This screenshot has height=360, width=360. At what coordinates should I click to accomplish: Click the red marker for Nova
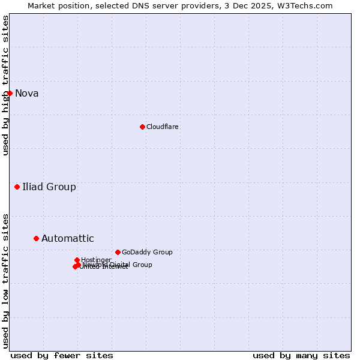[x=10, y=93]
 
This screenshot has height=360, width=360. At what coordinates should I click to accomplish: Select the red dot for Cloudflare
[x=142, y=127]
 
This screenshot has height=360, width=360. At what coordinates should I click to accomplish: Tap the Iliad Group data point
[x=17, y=187]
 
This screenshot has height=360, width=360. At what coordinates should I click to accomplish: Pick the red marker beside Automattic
[x=36, y=238]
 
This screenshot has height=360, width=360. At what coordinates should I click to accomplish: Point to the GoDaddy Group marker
[x=118, y=252]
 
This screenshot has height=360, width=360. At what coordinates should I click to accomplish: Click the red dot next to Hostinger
[x=77, y=260]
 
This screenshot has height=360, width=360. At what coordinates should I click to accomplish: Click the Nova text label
[x=27, y=93]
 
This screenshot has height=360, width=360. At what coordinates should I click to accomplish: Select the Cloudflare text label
[x=163, y=127]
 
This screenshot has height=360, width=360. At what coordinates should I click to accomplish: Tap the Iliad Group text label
[x=49, y=187]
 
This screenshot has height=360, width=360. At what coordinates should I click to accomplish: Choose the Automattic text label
[x=68, y=238]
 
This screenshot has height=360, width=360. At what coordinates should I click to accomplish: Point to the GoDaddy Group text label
[x=147, y=252]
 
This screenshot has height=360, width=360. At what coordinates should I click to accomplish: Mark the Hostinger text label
[x=96, y=260]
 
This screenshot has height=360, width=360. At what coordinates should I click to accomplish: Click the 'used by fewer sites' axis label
[x=62, y=355]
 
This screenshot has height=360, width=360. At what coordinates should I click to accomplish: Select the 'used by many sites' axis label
[x=301, y=355]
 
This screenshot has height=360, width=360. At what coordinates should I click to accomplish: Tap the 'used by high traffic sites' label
[x=5, y=85]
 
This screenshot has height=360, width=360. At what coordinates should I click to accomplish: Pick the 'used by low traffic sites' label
[x=5, y=280]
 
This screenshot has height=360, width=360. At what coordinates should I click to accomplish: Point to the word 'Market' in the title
[x=40, y=5]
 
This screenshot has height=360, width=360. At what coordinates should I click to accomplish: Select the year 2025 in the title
[x=262, y=5]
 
